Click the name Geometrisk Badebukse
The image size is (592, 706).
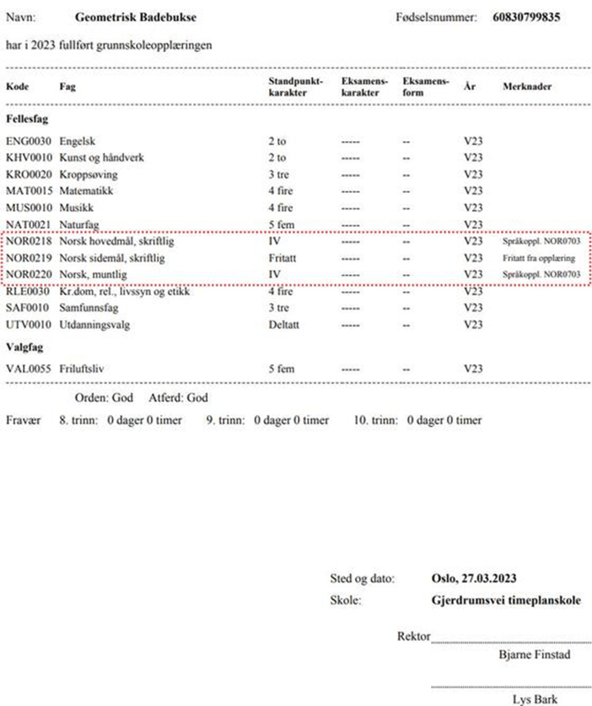tap(136, 18)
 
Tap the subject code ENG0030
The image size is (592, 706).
tap(29, 141)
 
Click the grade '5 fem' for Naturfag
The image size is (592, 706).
tap(283, 224)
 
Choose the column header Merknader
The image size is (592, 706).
tap(527, 87)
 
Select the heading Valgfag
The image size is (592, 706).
tap(26, 346)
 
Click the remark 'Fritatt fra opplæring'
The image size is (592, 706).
tap(539, 257)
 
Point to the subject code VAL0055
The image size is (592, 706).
tap(29, 368)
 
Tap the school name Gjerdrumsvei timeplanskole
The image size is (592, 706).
tap(505, 601)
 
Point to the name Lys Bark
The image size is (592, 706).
tap(534, 699)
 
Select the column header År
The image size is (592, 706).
tap(468, 87)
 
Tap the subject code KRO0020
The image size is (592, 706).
tap(29, 174)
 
